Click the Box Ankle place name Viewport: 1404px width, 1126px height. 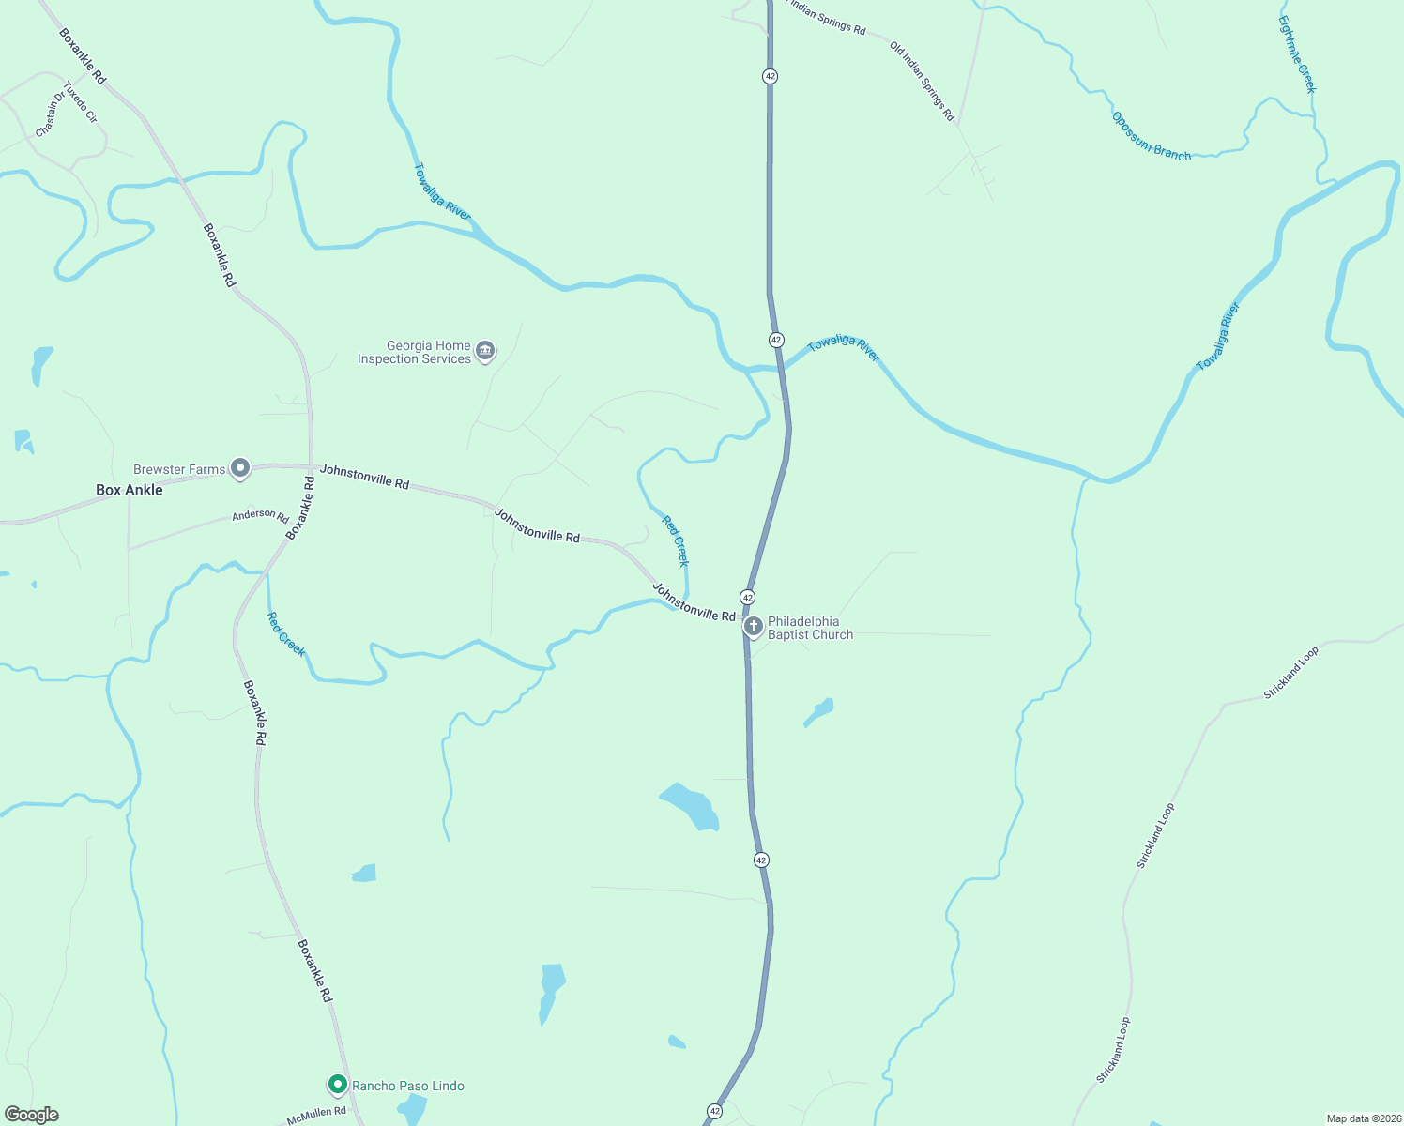130,490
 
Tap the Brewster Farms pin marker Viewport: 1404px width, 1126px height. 240,468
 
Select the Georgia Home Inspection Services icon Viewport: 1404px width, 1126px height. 485,351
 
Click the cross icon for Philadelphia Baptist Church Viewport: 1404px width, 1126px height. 753,626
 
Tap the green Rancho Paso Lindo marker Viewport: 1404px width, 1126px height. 337,1085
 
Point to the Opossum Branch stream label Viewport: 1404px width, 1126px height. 1151,137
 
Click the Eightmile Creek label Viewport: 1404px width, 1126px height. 1297,53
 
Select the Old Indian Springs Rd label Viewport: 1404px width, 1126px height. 922,82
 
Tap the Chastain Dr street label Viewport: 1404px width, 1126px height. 50,114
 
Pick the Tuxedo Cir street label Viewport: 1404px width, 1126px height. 81,102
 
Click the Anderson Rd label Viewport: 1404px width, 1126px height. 260,514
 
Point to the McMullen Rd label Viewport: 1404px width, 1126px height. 316,1113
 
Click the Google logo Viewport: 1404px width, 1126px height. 32,1115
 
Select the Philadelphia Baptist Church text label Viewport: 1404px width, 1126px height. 810,628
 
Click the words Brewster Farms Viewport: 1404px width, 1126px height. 179,469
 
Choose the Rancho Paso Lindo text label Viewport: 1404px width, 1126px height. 407,1086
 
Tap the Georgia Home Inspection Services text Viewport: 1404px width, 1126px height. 414,352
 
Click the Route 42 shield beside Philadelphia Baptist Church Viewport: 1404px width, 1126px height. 747,597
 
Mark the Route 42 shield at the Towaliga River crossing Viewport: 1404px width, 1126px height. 775,340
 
